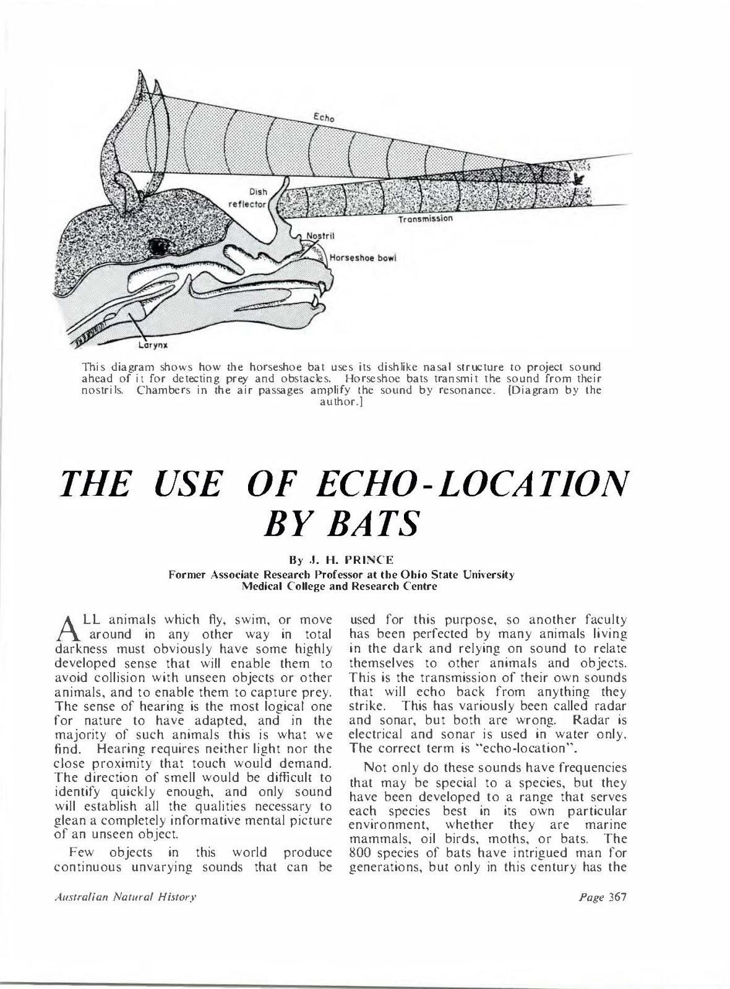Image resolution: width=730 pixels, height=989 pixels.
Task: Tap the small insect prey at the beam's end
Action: [580, 179]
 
